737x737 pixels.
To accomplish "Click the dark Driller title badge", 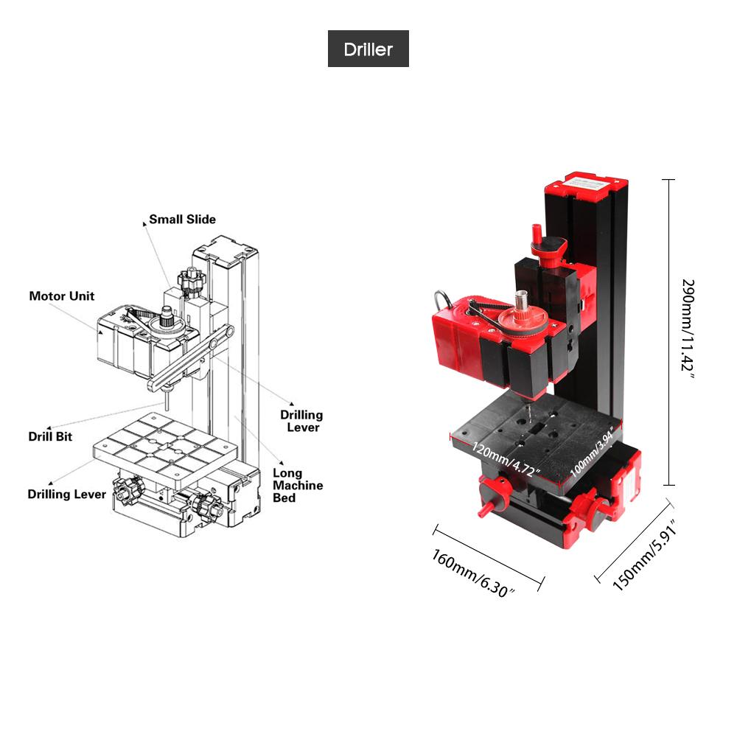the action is click(368, 49).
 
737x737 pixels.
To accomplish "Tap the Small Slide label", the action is click(182, 220).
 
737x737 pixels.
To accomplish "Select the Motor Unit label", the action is click(62, 296).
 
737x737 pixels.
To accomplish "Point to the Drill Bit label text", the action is click(50, 436).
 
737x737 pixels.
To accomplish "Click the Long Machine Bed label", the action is click(298, 486).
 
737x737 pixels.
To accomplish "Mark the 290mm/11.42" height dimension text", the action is click(688, 329).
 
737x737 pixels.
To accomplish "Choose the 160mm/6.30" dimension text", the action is click(474, 573).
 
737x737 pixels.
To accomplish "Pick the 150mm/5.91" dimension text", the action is click(644, 556).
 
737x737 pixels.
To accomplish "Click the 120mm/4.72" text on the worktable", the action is click(506, 460).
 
